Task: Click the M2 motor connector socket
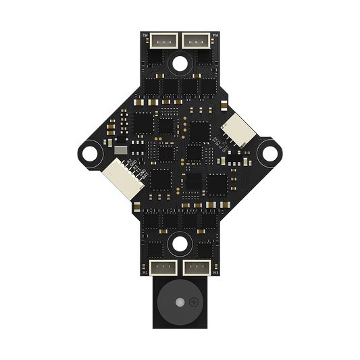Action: click(x=163, y=41)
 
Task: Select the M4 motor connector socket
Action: click(x=197, y=41)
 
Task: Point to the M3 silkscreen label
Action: click(x=215, y=272)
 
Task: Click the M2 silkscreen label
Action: click(x=145, y=35)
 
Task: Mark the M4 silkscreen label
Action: click(x=215, y=35)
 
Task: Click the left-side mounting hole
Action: click(x=88, y=153)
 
